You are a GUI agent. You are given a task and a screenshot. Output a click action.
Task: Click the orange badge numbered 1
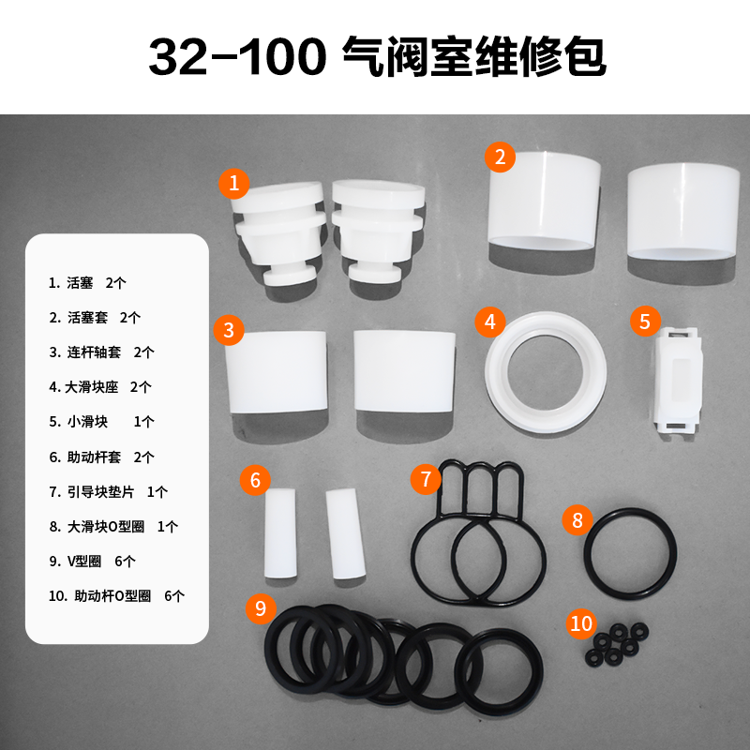[x=233, y=184]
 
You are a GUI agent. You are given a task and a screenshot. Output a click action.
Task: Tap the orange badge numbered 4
[x=490, y=322]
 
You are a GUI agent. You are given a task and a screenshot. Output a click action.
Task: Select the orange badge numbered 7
[x=426, y=479]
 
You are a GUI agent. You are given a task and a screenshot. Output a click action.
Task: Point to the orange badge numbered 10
[x=581, y=623]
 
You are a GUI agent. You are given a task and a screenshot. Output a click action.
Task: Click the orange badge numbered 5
[x=645, y=321]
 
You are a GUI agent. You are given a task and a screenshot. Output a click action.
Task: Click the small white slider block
[x=677, y=381]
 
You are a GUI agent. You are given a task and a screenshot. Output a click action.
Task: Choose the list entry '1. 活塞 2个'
[x=87, y=283]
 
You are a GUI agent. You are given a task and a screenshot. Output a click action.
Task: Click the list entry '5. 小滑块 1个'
[x=101, y=422]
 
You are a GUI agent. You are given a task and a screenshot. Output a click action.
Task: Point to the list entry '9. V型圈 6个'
[x=92, y=561]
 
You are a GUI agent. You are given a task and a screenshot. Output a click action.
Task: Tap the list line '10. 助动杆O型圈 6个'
[x=116, y=596]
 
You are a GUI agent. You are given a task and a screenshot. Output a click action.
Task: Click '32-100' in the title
[x=238, y=57]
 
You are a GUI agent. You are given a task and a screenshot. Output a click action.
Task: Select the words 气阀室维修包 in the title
[x=474, y=57]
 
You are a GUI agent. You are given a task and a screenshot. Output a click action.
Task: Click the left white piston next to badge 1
[x=278, y=233]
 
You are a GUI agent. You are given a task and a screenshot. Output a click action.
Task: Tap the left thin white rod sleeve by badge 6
[x=279, y=533]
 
